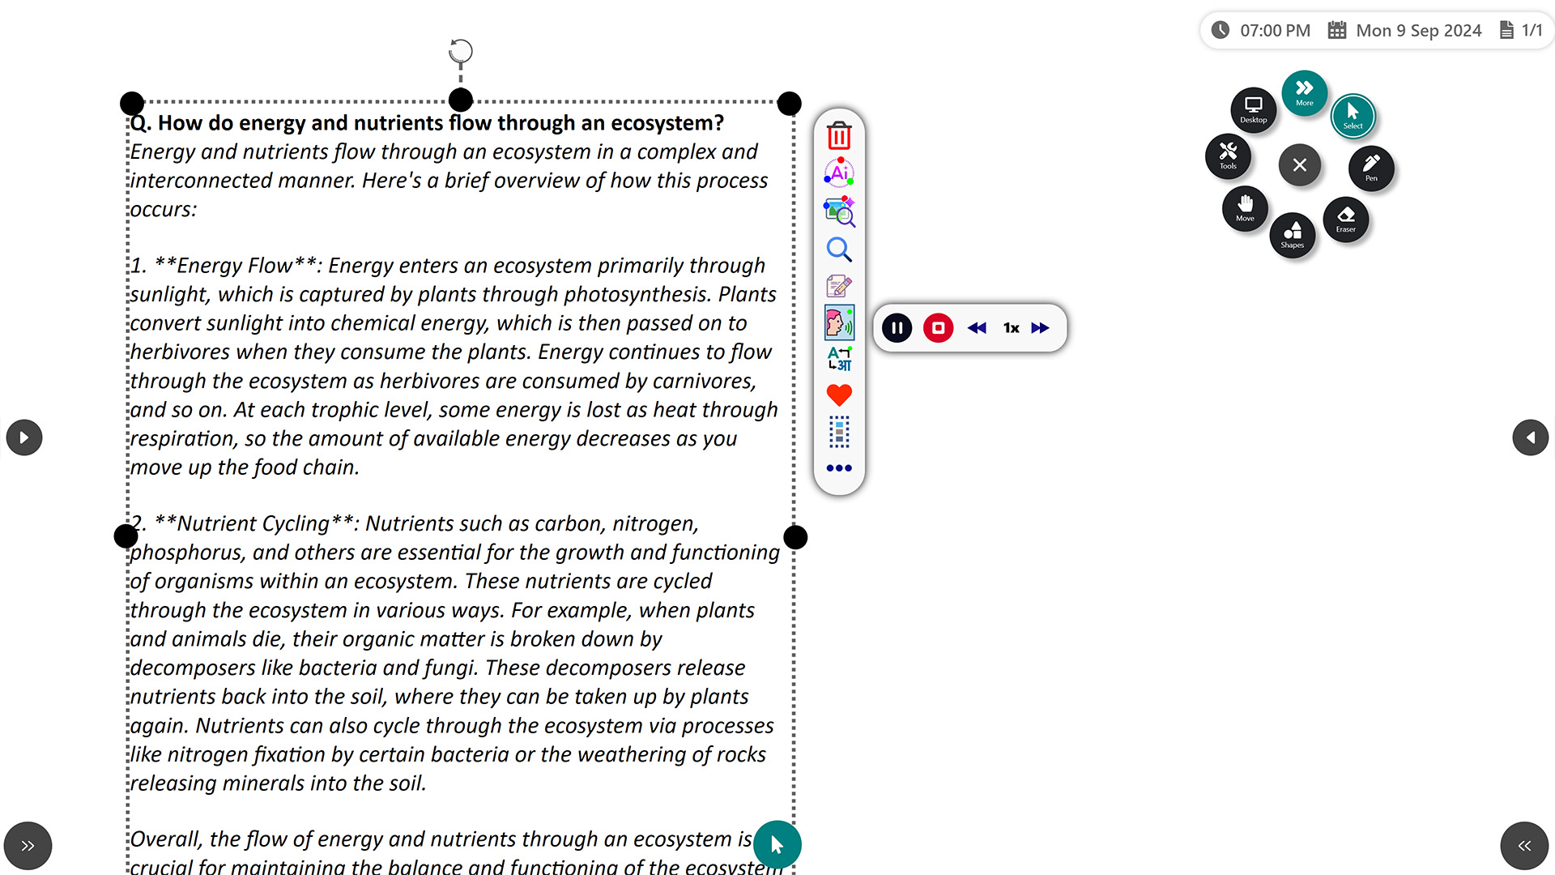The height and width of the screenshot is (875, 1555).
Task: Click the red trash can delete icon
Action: pyautogui.click(x=839, y=135)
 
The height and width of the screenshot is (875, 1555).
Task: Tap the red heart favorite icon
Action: pyautogui.click(x=839, y=395)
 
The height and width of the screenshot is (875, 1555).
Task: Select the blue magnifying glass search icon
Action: pyautogui.click(x=839, y=250)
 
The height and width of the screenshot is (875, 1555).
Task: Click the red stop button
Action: pyautogui.click(x=938, y=328)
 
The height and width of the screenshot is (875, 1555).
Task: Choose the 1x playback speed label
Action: pyautogui.click(x=1011, y=328)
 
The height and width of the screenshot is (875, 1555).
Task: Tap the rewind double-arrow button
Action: pyautogui.click(x=977, y=328)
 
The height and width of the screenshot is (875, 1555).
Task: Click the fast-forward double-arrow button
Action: pyautogui.click(x=1041, y=328)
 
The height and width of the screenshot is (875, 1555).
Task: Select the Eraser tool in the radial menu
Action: pyautogui.click(x=1346, y=219)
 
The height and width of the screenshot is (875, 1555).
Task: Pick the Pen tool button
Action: pyautogui.click(x=1371, y=168)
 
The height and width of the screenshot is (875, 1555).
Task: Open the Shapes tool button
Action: pyautogui.click(x=1293, y=235)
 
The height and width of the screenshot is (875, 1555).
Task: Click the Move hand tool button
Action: pyautogui.click(x=1245, y=208)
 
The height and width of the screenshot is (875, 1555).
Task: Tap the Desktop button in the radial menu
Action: pyautogui.click(x=1254, y=109)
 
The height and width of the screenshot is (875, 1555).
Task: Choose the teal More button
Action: pyautogui.click(x=1305, y=92)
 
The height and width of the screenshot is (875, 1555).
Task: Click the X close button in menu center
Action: pyautogui.click(x=1300, y=164)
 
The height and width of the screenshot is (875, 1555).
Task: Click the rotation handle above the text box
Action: pyautogui.click(x=461, y=51)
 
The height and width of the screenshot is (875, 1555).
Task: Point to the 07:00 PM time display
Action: pyautogui.click(x=1275, y=31)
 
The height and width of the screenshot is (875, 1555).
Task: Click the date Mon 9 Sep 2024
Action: pyautogui.click(x=1419, y=31)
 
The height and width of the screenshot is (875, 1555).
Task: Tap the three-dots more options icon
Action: pyautogui.click(x=839, y=467)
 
